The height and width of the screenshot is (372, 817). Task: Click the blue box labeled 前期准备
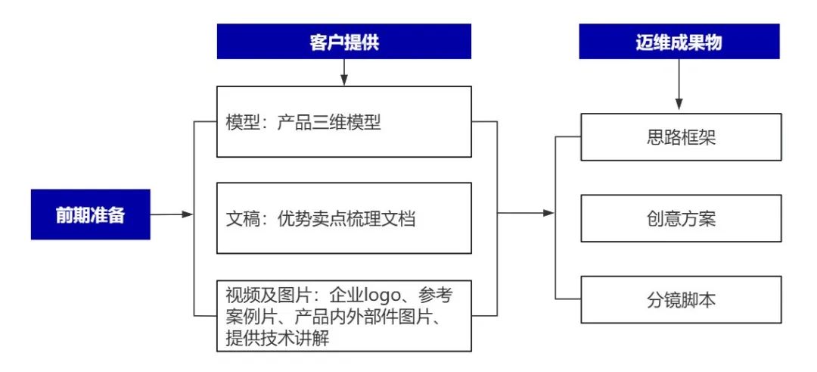[91, 214]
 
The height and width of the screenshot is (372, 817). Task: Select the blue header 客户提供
[344, 42]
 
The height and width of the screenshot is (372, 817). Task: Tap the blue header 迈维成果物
[679, 42]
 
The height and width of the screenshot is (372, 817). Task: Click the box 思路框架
[682, 137]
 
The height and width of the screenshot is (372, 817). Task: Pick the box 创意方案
[682, 219]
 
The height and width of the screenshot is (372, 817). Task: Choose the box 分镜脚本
[682, 300]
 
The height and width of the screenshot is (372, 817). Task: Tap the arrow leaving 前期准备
[172, 214]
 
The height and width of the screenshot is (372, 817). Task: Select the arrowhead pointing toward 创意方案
[549, 213]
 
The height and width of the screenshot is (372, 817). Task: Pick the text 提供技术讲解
[278, 338]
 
